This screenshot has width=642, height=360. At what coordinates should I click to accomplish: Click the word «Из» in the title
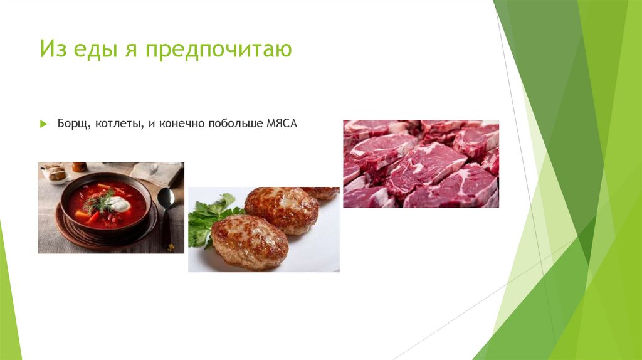pyautogui.click(x=51, y=50)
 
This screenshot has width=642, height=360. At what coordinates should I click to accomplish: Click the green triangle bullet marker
pyautogui.click(x=43, y=125)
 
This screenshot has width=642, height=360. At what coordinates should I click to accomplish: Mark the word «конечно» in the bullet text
pyautogui.click(x=186, y=125)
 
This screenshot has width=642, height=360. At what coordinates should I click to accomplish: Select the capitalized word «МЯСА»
pyautogui.click(x=282, y=125)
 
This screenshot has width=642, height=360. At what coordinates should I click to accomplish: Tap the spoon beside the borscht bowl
pyautogui.click(x=166, y=207)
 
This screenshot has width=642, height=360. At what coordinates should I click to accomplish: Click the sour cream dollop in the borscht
pyautogui.click(x=118, y=204)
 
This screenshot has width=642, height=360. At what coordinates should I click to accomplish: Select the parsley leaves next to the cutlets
pyautogui.click(x=208, y=220)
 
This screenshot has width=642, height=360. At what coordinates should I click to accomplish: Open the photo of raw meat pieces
pyautogui.click(x=421, y=164)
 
